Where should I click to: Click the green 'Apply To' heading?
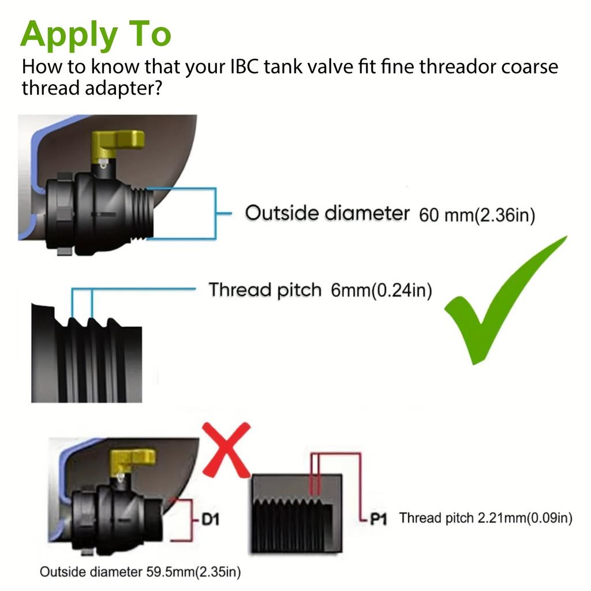[x=96, y=35]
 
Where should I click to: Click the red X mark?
[x=226, y=450]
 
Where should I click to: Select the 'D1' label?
[x=210, y=520]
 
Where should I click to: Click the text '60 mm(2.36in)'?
[x=477, y=215]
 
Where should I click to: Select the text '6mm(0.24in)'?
[x=381, y=290]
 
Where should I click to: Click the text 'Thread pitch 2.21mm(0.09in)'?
[x=486, y=518]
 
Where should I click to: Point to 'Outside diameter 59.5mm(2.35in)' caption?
[x=140, y=572]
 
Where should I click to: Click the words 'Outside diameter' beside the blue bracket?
[x=327, y=213]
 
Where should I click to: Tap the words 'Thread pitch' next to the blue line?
[x=265, y=290]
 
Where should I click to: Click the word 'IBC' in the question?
[x=244, y=67]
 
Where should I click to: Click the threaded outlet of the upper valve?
[x=143, y=213]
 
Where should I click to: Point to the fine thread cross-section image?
[x=297, y=513]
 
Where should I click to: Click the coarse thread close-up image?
[x=87, y=353]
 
